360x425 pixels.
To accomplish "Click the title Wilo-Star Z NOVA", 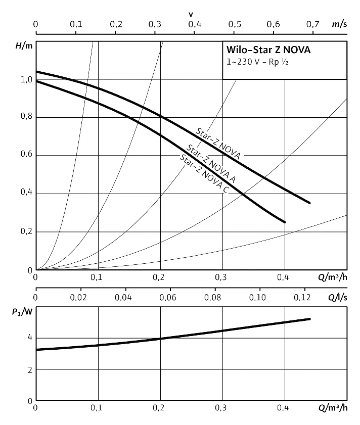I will (268, 51).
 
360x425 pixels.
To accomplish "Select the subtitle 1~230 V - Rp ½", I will (258, 62).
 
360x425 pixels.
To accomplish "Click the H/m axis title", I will (24, 46).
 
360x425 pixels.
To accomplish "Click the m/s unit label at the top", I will (339, 24).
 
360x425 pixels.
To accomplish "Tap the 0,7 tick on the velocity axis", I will (313, 24).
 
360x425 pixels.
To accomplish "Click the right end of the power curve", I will (309, 319).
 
